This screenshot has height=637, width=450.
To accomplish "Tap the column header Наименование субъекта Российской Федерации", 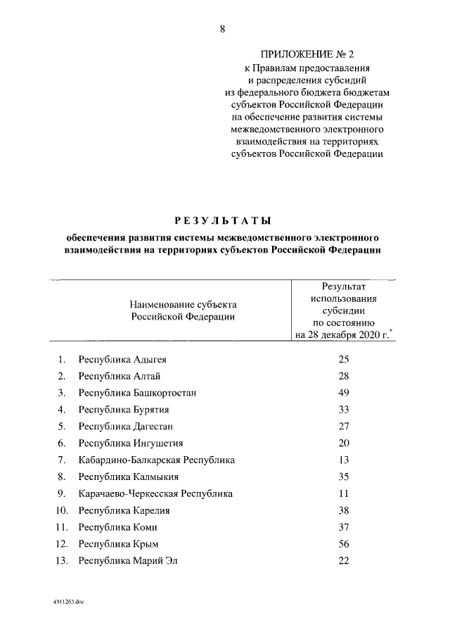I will coord(183,310).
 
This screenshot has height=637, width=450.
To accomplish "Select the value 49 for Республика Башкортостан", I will coord(343,393).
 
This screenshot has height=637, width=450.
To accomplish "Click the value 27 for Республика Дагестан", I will coord(343,426).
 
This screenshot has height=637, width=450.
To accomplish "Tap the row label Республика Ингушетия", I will coord(131,443).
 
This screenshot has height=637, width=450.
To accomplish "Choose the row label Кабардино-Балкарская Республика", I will coord(157,460).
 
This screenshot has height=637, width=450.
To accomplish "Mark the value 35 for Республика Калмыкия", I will coord(343,477).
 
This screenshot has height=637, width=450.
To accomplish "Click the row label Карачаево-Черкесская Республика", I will coord(155,493).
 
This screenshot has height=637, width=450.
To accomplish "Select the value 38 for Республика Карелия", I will coord(343,510).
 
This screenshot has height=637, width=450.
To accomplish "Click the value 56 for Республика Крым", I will coord(343,543).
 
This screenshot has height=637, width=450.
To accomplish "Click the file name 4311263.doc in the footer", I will coord(67,603).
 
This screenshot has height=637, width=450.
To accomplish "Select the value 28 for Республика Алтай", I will coord(343,376).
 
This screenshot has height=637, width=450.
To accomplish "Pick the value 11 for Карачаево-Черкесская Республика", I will coord(343,493).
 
